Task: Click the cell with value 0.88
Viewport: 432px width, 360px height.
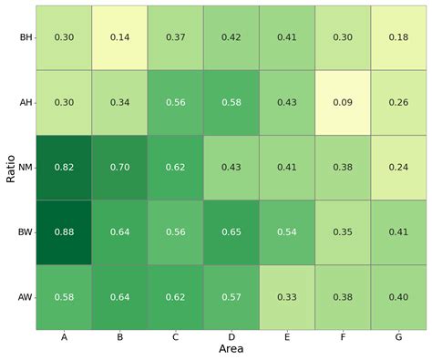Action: pyautogui.click(x=65, y=231)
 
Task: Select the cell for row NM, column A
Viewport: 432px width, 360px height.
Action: pyautogui.click(x=65, y=167)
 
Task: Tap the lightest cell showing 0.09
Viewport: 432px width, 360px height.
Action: pyautogui.click(x=343, y=102)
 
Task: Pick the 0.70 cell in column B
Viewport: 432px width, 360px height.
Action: pyautogui.click(x=120, y=167)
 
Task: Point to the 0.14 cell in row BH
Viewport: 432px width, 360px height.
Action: pyautogui.click(x=120, y=37)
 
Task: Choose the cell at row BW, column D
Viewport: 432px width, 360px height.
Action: pyautogui.click(x=231, y=231)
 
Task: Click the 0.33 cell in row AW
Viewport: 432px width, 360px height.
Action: pyautogui.click(x=287, y=296)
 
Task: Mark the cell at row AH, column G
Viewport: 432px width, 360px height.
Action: pyautogui.click(x=398, y=102)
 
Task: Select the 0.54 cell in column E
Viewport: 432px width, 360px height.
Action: pyautogui.click(x=287, y=231)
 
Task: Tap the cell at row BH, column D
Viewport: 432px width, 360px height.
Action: pyautogui.click(x=231, y=37)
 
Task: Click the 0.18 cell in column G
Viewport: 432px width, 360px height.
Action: pyautogui.click(x=398, y=37)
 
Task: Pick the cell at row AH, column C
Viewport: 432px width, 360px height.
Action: pyautogui.click(x=176, y=102)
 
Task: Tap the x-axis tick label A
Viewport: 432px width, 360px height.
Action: pyautogui.click(x=65, y=337)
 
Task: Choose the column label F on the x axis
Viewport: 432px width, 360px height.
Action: pyautogui.click(x=343, y=337)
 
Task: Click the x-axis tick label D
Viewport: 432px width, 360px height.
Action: pyautogui.click(x=231, y=337)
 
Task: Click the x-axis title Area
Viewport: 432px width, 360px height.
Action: pyautogui.click(x=231, y=349)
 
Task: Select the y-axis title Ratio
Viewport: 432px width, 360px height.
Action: pyautogui.click(x=9, y=167)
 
